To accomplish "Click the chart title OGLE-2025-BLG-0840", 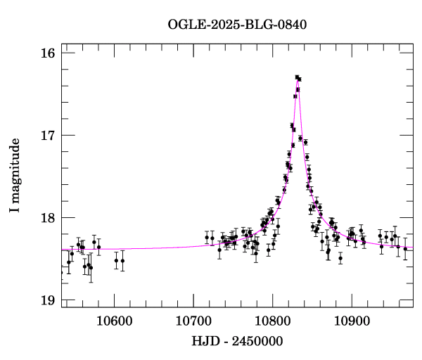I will click(x=237, y=24).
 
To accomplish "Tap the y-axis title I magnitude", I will click(x=15, y=176).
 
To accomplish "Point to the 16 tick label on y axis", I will click(x=49, y=53).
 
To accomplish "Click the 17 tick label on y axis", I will click(x=49, y=135).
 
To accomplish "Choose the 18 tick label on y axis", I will click(x=49, y=217).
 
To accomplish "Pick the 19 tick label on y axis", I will click(x=49, y=300).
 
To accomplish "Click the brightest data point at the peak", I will click(x=297, y=77).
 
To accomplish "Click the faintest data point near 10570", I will click(x=91, y=267).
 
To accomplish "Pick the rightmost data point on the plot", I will click(x=405, y=248).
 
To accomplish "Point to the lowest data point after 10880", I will click(x=340, y=258).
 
